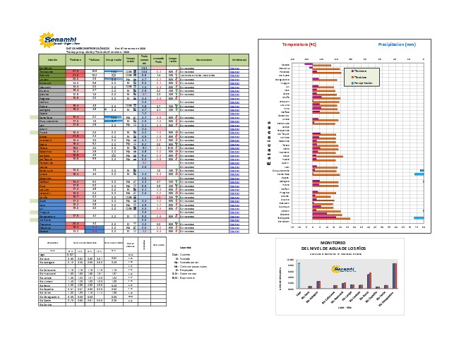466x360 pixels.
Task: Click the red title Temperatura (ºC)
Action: pos(300,44)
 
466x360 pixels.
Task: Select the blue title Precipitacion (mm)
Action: pos(397,44)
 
